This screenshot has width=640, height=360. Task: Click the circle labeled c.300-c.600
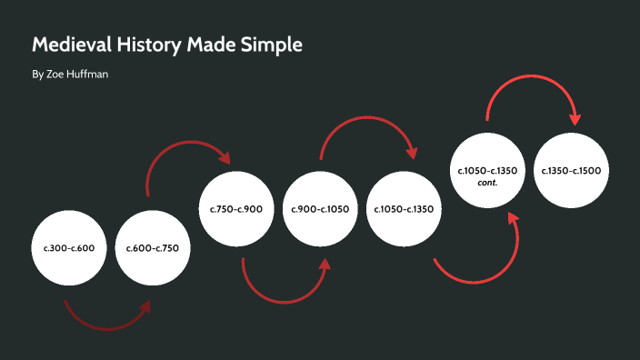(69, 247)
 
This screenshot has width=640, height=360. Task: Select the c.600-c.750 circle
(153, 247)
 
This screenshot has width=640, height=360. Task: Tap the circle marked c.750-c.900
(236, 209)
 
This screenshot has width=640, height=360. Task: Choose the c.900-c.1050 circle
(320, 209)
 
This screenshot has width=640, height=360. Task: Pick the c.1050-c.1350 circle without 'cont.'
(404, 209)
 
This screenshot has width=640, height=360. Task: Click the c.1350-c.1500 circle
(571, 170)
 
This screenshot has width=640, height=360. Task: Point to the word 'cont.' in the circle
(487, 182)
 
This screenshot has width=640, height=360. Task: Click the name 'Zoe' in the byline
(55, 74)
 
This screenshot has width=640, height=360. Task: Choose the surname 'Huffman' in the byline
(89, 74)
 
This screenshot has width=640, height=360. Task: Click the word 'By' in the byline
(37, 74)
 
